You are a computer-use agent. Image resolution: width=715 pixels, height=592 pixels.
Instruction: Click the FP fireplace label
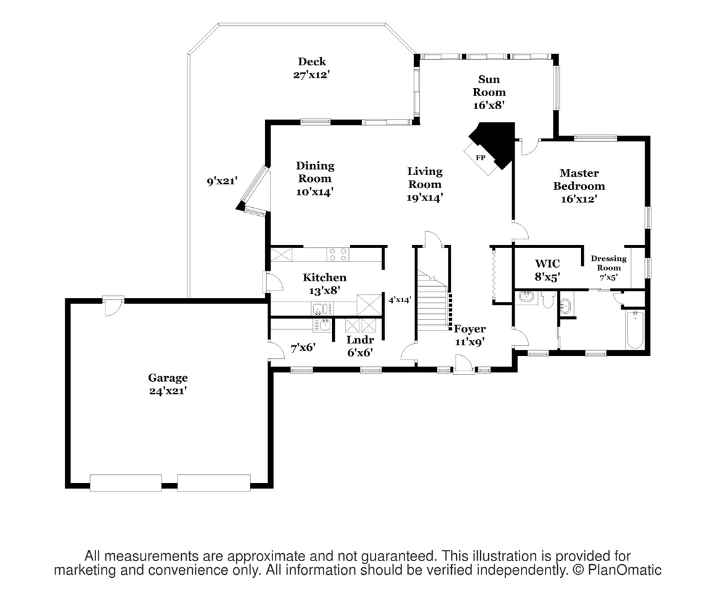480,158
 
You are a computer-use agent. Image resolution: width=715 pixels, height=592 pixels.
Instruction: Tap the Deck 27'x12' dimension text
311,75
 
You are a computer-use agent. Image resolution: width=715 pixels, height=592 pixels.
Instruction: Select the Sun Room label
489,86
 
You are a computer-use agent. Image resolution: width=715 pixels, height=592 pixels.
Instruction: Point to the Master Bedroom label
579,179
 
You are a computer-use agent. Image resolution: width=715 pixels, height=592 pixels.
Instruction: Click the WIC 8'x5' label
547,270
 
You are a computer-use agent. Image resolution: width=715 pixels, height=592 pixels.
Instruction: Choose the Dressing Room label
609,263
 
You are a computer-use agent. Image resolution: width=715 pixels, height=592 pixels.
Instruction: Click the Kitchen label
325,277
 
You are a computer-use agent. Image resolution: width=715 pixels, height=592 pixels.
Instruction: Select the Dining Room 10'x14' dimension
314,192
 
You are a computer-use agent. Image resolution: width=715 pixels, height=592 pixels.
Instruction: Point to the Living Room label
425,178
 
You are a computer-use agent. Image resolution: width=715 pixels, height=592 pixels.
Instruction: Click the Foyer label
470,329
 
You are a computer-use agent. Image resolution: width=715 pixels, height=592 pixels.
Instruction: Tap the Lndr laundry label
360,340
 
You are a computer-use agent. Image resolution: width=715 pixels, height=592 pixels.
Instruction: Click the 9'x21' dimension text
222,181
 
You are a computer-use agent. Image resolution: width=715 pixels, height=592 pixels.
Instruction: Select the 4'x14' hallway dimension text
400,300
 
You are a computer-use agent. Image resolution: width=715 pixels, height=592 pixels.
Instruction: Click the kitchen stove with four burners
338,255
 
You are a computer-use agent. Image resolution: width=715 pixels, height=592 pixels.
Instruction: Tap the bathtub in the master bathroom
635,330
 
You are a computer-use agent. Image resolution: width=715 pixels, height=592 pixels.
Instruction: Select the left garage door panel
126,482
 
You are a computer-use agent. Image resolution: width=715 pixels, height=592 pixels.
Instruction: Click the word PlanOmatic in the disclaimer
624,570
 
